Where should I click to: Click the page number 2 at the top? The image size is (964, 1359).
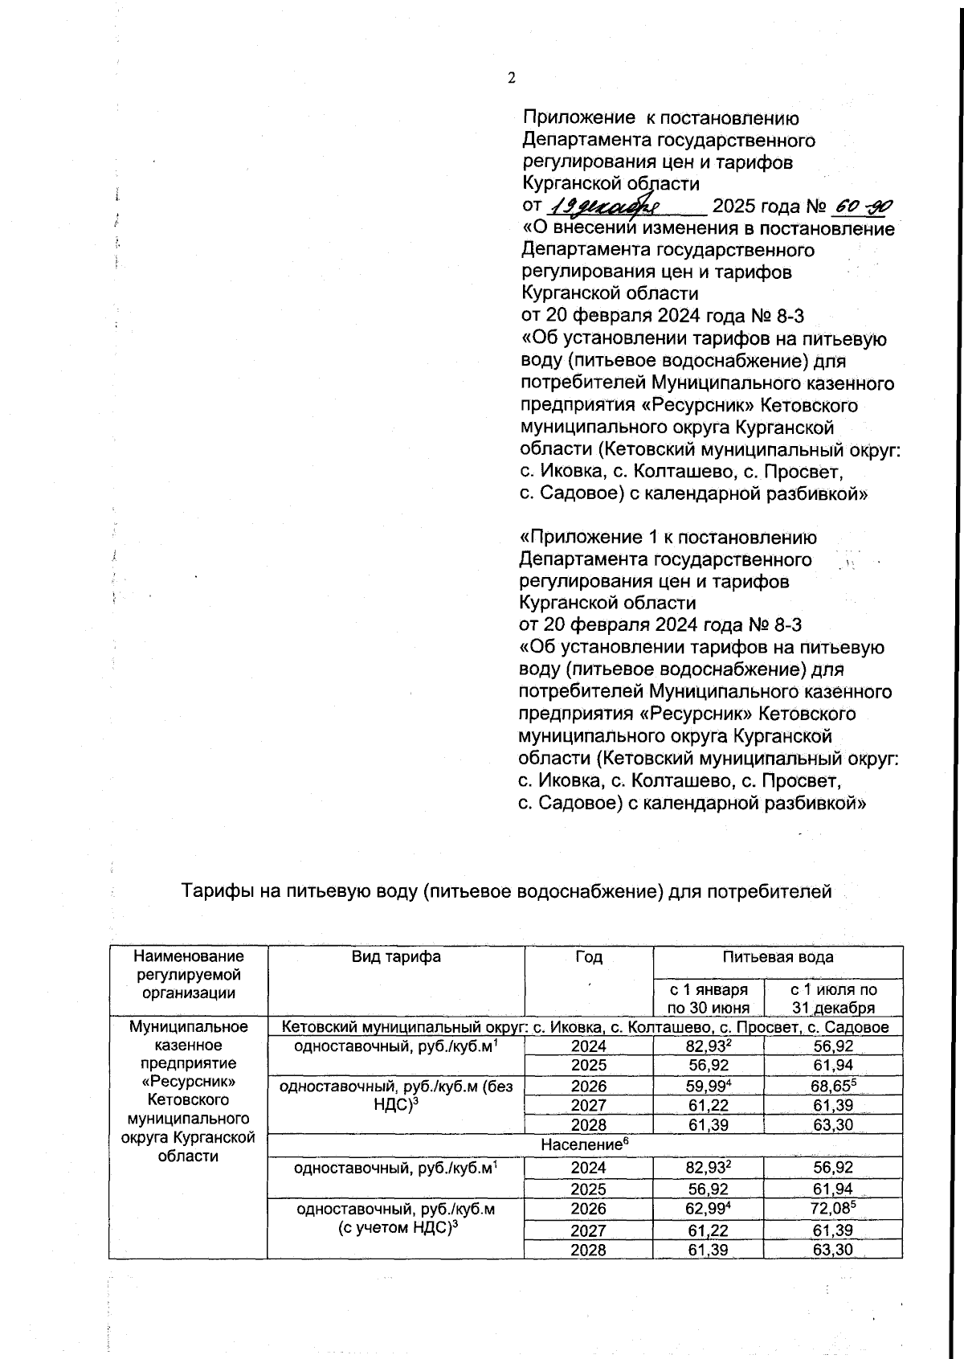[511, 78]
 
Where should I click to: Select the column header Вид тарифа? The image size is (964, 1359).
[395, 956]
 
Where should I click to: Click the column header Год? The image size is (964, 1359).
[588, 956]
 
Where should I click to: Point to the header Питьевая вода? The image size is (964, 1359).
[778, 956]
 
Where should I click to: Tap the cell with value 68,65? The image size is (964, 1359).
[833, 1087]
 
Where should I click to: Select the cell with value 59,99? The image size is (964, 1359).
[708, 1087]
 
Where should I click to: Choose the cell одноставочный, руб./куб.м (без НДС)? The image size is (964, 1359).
[395, 1095]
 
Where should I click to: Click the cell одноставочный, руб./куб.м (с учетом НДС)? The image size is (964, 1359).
[395, 1218]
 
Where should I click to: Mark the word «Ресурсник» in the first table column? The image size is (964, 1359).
[187, 1081]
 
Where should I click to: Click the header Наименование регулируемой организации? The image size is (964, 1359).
[187, 974]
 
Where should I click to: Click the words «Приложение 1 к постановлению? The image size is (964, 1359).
[668, 537]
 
